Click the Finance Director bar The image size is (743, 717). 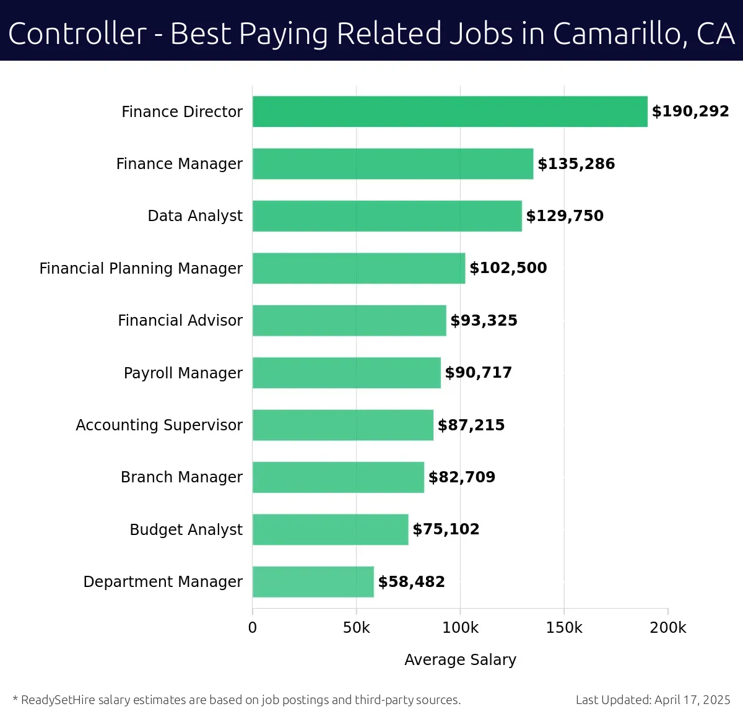tap(450, 111)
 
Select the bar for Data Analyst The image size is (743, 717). tap(387, 216)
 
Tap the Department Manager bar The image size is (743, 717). tap(313, 582)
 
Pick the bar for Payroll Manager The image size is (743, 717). tap(346, 373)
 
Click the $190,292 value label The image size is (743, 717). tap(690, 111)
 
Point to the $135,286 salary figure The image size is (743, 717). tap(576, 164)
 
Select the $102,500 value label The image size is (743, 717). tap(508, 268)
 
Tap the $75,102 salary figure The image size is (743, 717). tap(446, 529)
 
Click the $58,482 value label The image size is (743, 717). tap(411, 582)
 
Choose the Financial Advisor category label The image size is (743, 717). tap(180, 321)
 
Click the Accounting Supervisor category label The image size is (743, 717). tap(159, 425)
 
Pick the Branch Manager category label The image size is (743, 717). tap(181, 477)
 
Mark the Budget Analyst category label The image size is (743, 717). tap(186, 530)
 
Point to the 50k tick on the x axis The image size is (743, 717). tap(356, 628)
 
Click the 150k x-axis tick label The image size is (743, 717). tap(564, 628)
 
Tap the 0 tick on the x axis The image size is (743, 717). tap(253, 628)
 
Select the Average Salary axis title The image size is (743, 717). tap(460, 660)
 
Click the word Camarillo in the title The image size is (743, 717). tap(619, 34)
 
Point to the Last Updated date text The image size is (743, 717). tap(653, 700)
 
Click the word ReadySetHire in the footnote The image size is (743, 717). tap(58, 700)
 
